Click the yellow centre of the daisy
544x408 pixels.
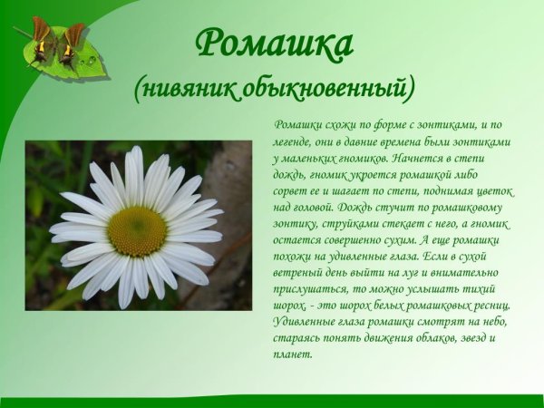tap(137, 231)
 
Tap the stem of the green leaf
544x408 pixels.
tap(23, 34)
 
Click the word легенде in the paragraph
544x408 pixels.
tap(295, 141)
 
